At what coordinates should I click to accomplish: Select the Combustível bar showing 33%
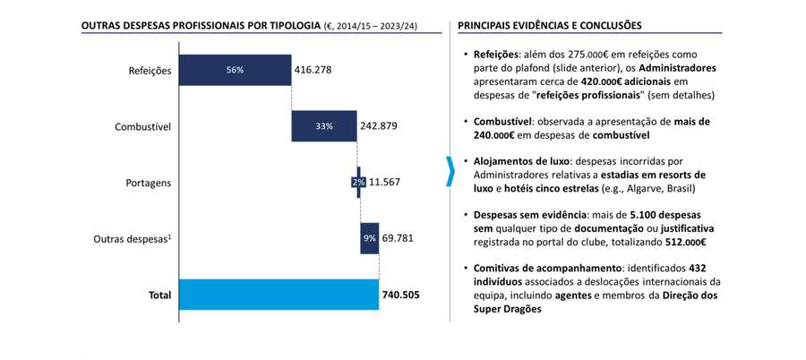(323, 126)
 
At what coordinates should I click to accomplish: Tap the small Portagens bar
(358, 182)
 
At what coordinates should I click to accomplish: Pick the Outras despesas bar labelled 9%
(369, 238)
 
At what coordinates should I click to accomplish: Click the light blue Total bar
(279, 294)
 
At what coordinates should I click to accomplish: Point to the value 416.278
(318, 70)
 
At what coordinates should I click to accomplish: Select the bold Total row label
(159, 295)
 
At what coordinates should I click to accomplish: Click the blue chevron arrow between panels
(450, 171)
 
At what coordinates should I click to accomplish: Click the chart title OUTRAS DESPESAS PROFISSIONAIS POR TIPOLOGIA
(201, 27)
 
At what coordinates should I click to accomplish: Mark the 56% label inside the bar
(235, 70)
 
